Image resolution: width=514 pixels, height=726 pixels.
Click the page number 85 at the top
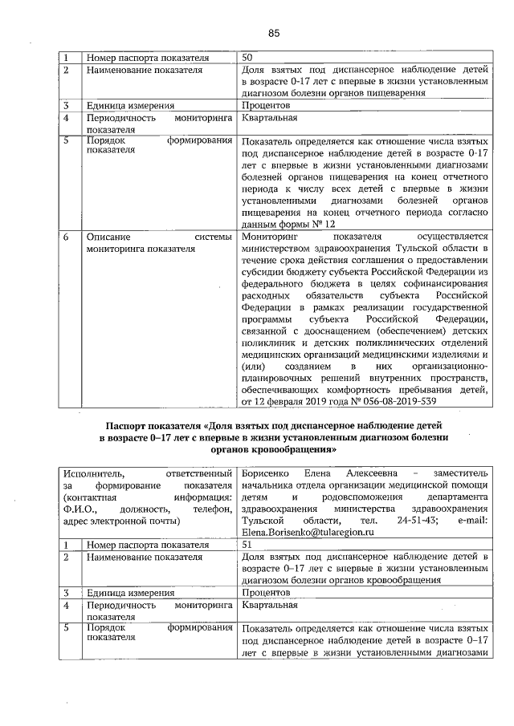click(x=273, y=33)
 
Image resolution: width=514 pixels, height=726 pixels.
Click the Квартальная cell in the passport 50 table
click(x=269, y=118)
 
